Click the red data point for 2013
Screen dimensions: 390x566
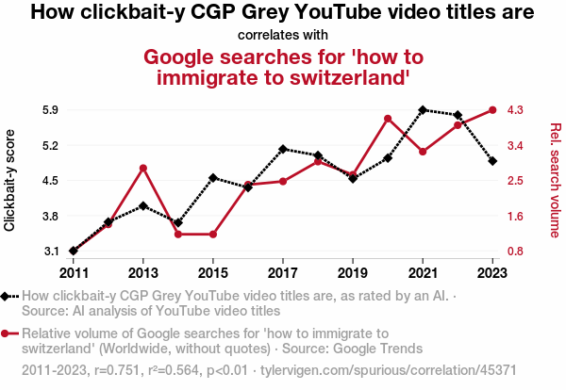142,168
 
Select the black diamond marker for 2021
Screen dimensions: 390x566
423,109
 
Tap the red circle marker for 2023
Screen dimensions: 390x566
492,109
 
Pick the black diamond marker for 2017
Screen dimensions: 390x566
283,149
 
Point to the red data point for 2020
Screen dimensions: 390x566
388,119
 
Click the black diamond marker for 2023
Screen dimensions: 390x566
492,161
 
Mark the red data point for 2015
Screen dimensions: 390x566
213,234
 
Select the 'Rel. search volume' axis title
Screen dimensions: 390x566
555,180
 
